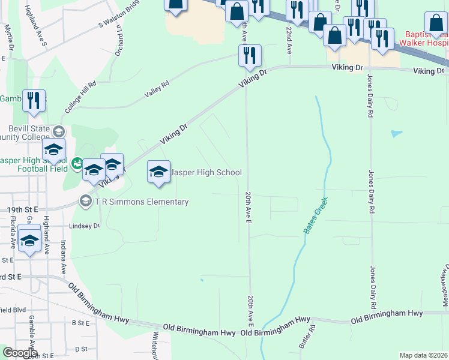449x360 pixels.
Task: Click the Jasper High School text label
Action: pos(206,173)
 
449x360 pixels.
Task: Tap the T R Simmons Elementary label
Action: pos(141,202)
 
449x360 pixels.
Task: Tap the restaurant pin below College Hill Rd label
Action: pos(34,101)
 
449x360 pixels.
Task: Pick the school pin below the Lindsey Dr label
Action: pos(29,242)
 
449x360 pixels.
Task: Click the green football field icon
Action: pos(77,163)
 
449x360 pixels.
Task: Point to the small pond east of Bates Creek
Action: pos(396,133)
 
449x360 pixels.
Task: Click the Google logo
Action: pos(19,353)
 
